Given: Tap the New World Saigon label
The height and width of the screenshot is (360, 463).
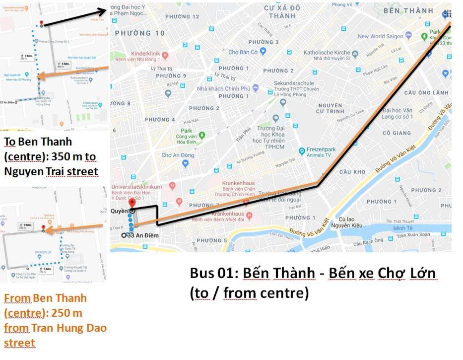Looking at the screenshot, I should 380,36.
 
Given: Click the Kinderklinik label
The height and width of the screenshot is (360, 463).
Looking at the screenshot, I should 146,54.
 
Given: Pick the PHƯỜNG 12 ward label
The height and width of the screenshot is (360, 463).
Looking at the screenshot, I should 182,16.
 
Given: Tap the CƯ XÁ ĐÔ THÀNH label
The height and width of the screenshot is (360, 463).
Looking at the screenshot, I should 282,12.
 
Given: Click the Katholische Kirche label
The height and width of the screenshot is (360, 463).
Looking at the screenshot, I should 327,52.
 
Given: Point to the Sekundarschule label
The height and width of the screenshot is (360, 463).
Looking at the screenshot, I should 294,83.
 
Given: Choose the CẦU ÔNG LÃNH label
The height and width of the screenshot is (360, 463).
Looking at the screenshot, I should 426,93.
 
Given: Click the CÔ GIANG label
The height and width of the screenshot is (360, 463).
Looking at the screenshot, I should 397,133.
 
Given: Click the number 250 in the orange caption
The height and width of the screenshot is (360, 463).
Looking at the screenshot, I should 54,313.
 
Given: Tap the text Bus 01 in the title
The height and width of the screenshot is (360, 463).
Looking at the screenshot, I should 213,273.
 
